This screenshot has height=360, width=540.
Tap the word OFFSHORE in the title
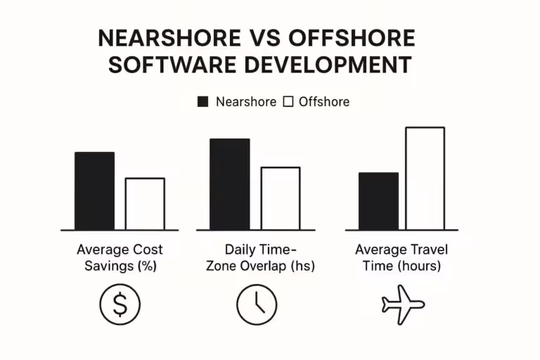click(x=359, y=38)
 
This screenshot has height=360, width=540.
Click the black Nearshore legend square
click(x=203, y=101)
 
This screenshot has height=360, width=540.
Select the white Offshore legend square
click(x=288, y=101)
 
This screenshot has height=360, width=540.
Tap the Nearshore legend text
click(x=246, y=101)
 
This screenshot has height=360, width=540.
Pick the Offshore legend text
click(x=324, y=101)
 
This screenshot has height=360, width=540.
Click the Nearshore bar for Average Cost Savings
click(x=94, y=191)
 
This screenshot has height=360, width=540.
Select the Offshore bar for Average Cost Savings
click(x=145, y=204)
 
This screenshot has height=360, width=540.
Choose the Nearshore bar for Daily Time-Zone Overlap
click(x=229, y=184)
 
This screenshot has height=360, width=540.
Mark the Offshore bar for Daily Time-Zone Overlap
click(x=281, y=198)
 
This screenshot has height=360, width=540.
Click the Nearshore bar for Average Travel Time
click(x=378, y=201)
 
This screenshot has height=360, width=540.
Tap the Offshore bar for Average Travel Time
click(x=425, y=179)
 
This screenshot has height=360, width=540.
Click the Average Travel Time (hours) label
click(x=401, y=258)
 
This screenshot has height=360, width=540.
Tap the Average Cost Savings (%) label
click(x=120, y=258)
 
